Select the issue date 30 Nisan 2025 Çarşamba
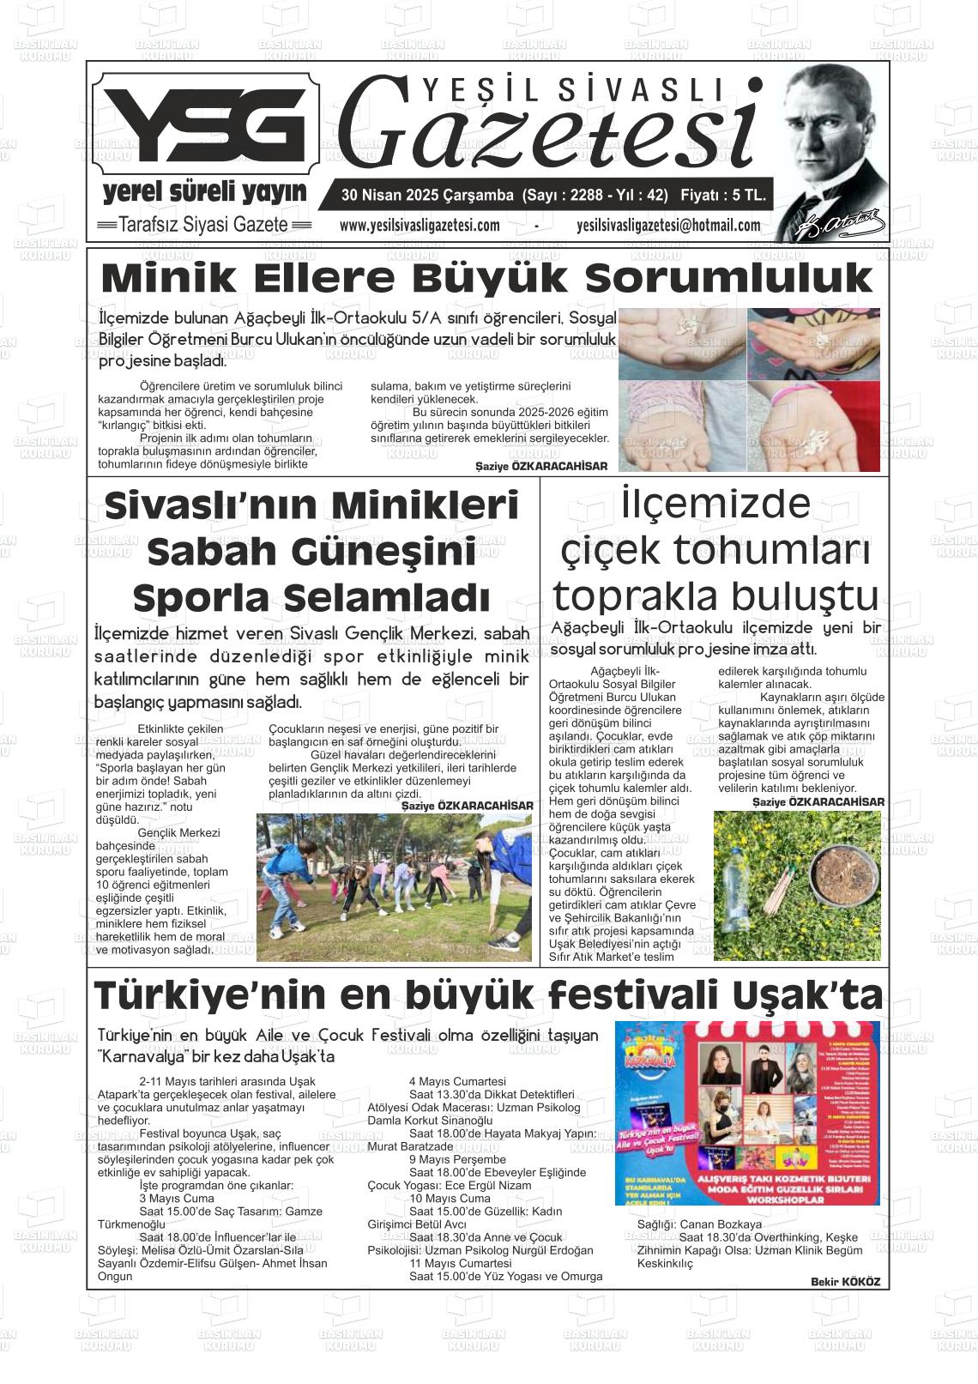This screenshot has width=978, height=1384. (427, 196)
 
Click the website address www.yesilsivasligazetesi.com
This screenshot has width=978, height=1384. (420, 226)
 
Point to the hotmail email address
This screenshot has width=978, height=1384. (668, 226)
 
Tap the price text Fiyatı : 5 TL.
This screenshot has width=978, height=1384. (722, 196)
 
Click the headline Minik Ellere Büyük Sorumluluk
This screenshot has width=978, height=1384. (486, 278)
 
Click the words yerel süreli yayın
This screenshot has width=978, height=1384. (204, 192)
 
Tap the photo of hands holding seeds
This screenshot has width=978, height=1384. (748, 389)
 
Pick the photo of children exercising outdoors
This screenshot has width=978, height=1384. (394, 887)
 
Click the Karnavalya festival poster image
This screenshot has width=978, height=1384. (746, 1112)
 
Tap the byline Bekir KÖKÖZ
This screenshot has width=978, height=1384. (844, 1282)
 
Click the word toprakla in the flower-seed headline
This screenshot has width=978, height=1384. (637, 595)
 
